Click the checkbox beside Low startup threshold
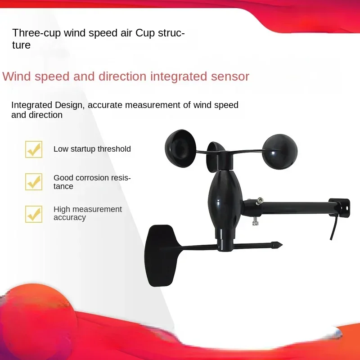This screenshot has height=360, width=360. pos(34,149)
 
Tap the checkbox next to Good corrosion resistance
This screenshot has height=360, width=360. pos(34,182)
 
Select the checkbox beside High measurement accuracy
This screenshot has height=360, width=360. pos(34,214)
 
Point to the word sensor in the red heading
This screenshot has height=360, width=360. pos(230,76)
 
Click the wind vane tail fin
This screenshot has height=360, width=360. pos(160,254)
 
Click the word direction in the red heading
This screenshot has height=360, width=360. pos(121,76)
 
